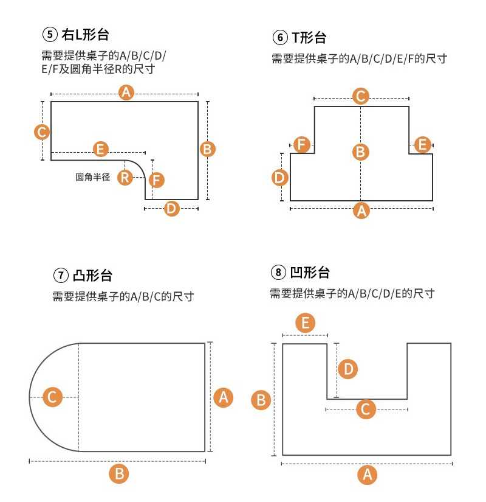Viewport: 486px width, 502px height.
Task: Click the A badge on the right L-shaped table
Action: [126, 93]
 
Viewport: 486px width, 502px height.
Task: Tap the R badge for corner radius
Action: [125, 178]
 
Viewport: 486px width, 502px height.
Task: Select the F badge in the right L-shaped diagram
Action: [157, 180]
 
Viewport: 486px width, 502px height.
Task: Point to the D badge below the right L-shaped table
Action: [172, 209]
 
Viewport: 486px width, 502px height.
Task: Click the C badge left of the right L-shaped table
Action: [42, 132]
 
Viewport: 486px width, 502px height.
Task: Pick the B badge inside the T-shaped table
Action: [361, 152]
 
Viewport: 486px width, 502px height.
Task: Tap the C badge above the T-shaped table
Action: [361, 96]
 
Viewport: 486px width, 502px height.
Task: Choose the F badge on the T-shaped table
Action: [302, 144]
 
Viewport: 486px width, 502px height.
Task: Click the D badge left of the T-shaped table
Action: [279, 178]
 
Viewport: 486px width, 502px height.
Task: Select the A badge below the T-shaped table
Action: [361, 211]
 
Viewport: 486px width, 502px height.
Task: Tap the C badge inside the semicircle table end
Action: [52, 397]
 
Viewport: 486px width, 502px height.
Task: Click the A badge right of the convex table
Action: [224, 397]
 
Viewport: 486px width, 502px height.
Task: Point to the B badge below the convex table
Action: [120, 473]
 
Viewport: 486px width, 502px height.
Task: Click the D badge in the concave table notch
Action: [347, 369]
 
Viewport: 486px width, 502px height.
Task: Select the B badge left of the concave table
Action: [261, 400]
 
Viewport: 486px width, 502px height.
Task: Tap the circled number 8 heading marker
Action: [278, 272]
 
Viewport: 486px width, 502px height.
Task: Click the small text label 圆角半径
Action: [92, 177]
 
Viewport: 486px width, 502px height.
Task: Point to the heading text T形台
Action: [309, 38]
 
